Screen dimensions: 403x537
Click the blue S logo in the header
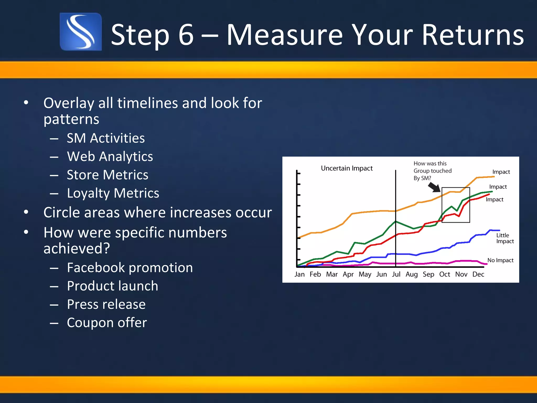pos(81,32)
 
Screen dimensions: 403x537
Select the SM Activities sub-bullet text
pos(105,138)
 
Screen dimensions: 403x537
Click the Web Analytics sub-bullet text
pos(110,156)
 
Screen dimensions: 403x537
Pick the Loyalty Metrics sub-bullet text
pos(113,193)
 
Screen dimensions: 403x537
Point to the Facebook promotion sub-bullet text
pos(130,268)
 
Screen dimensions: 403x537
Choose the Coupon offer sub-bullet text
pos(107,322)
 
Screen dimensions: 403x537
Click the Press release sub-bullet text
pos(106,304)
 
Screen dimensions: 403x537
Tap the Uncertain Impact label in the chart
pos(347,168)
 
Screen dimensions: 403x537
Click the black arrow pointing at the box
pos(434,187)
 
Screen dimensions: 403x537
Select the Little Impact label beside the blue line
pos(505,238)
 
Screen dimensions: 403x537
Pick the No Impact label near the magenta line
pos(500,260)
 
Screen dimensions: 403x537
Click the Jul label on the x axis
pos(396,274)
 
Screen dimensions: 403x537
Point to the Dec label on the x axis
pos(478,274)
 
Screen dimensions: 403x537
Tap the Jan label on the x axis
pos(299,274)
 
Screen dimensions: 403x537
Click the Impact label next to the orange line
pos(501,172)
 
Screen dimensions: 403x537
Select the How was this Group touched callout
pos(432,171)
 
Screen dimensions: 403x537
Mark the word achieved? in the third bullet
pos(77,248)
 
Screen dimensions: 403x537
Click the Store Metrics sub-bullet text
pos(107,175)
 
